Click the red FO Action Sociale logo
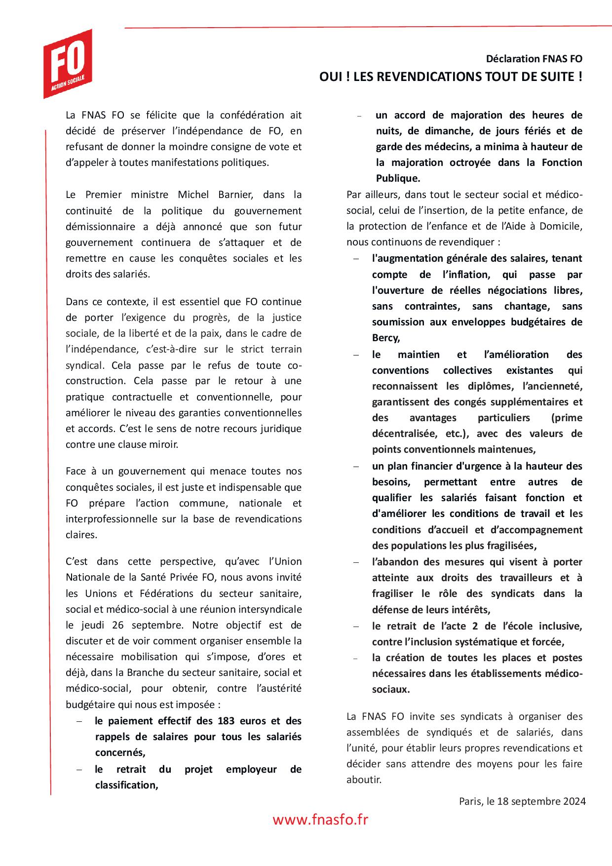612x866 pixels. point(68,63)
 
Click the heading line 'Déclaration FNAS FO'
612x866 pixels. point(534,59)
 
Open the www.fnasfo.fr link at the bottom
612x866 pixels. point(320,820)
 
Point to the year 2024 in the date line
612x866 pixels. point(574,801)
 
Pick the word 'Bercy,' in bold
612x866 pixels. point(386,338)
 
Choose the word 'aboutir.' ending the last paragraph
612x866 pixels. point(364,780)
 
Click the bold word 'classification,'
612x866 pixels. point(126,785)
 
